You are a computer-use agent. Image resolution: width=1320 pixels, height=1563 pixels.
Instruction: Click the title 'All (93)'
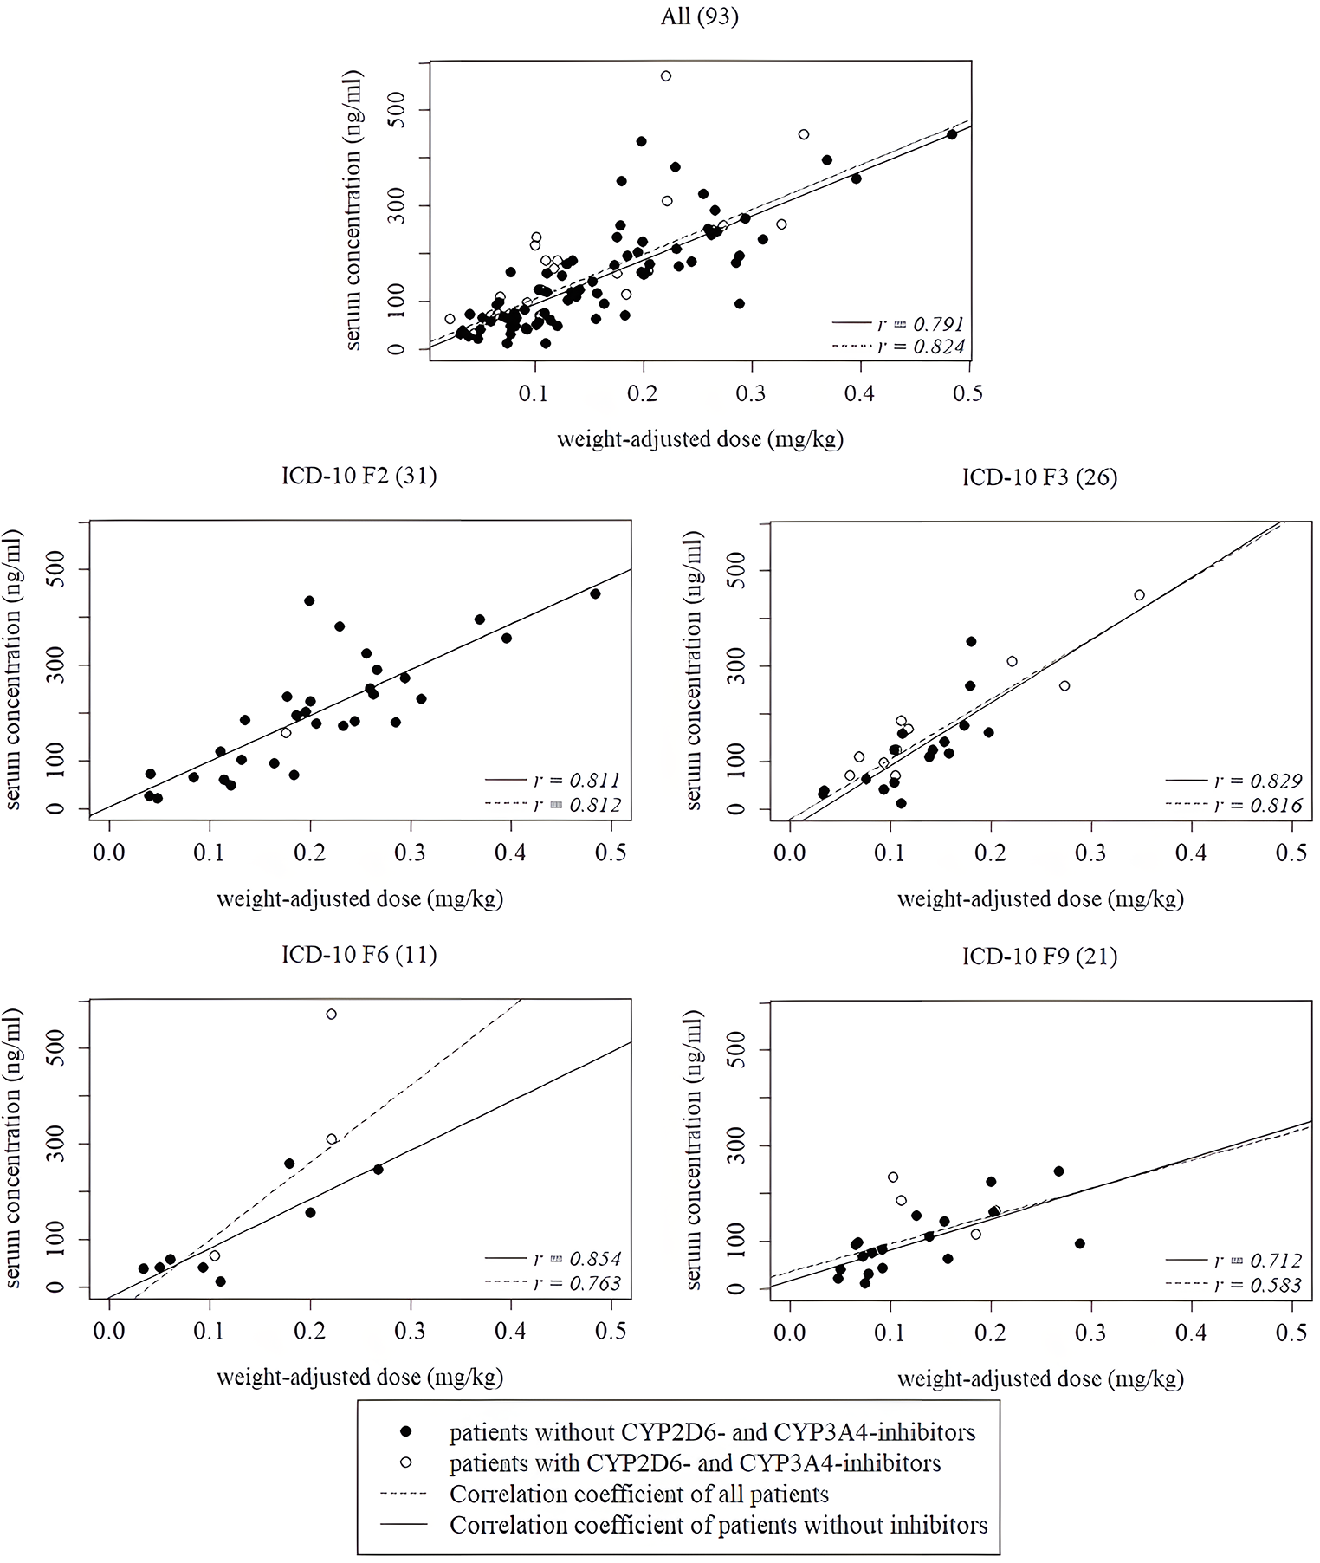(700, 17)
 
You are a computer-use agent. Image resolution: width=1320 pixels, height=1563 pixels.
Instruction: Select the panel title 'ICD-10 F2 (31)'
(359, 476)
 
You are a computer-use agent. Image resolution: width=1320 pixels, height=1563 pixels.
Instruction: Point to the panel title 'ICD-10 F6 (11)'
(359, 955)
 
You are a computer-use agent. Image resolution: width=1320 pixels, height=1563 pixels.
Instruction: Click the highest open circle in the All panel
(666, 76)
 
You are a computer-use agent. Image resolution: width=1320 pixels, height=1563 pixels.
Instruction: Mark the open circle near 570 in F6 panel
(331, 1014)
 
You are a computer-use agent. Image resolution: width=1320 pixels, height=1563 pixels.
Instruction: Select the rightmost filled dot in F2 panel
(595, 593)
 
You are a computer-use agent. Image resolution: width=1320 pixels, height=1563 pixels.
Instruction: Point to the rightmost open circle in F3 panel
(1139, 595)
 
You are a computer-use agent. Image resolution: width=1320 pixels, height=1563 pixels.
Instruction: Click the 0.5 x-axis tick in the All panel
(968, 394)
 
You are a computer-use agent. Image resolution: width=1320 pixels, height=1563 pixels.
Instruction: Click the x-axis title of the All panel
(700, 439)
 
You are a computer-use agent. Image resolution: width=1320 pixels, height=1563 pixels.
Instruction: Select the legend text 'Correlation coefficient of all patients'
(639, 1495)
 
